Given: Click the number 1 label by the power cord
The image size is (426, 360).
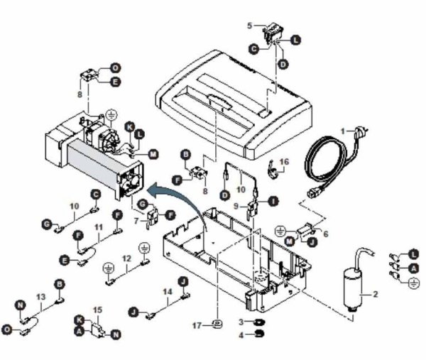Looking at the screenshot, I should coord(342,131).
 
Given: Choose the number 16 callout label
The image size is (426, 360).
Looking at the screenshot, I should coord(285,162).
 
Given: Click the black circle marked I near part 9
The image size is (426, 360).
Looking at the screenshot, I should coord(271,201).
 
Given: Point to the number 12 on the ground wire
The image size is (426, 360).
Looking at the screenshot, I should coord(126,258).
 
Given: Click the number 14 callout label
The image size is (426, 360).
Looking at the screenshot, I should coord(167,291).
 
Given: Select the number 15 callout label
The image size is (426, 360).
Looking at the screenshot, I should coord(97,310).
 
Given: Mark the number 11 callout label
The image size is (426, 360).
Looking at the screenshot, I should coord(99,227).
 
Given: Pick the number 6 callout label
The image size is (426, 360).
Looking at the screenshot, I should coord(325,234).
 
